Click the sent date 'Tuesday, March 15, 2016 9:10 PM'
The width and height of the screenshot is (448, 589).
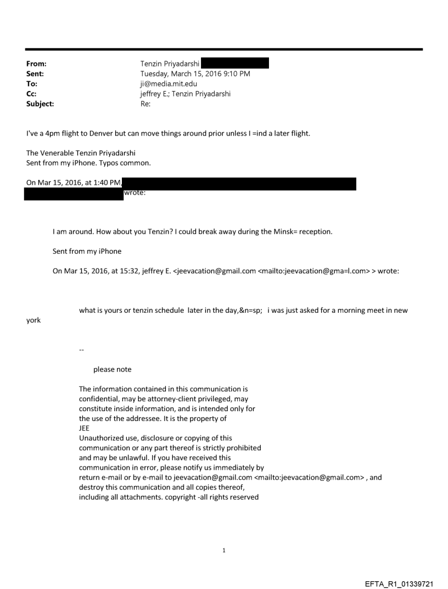(195, 74)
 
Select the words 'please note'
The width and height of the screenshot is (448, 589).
(113, 369)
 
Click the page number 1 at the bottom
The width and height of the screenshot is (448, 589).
(224, 550)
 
